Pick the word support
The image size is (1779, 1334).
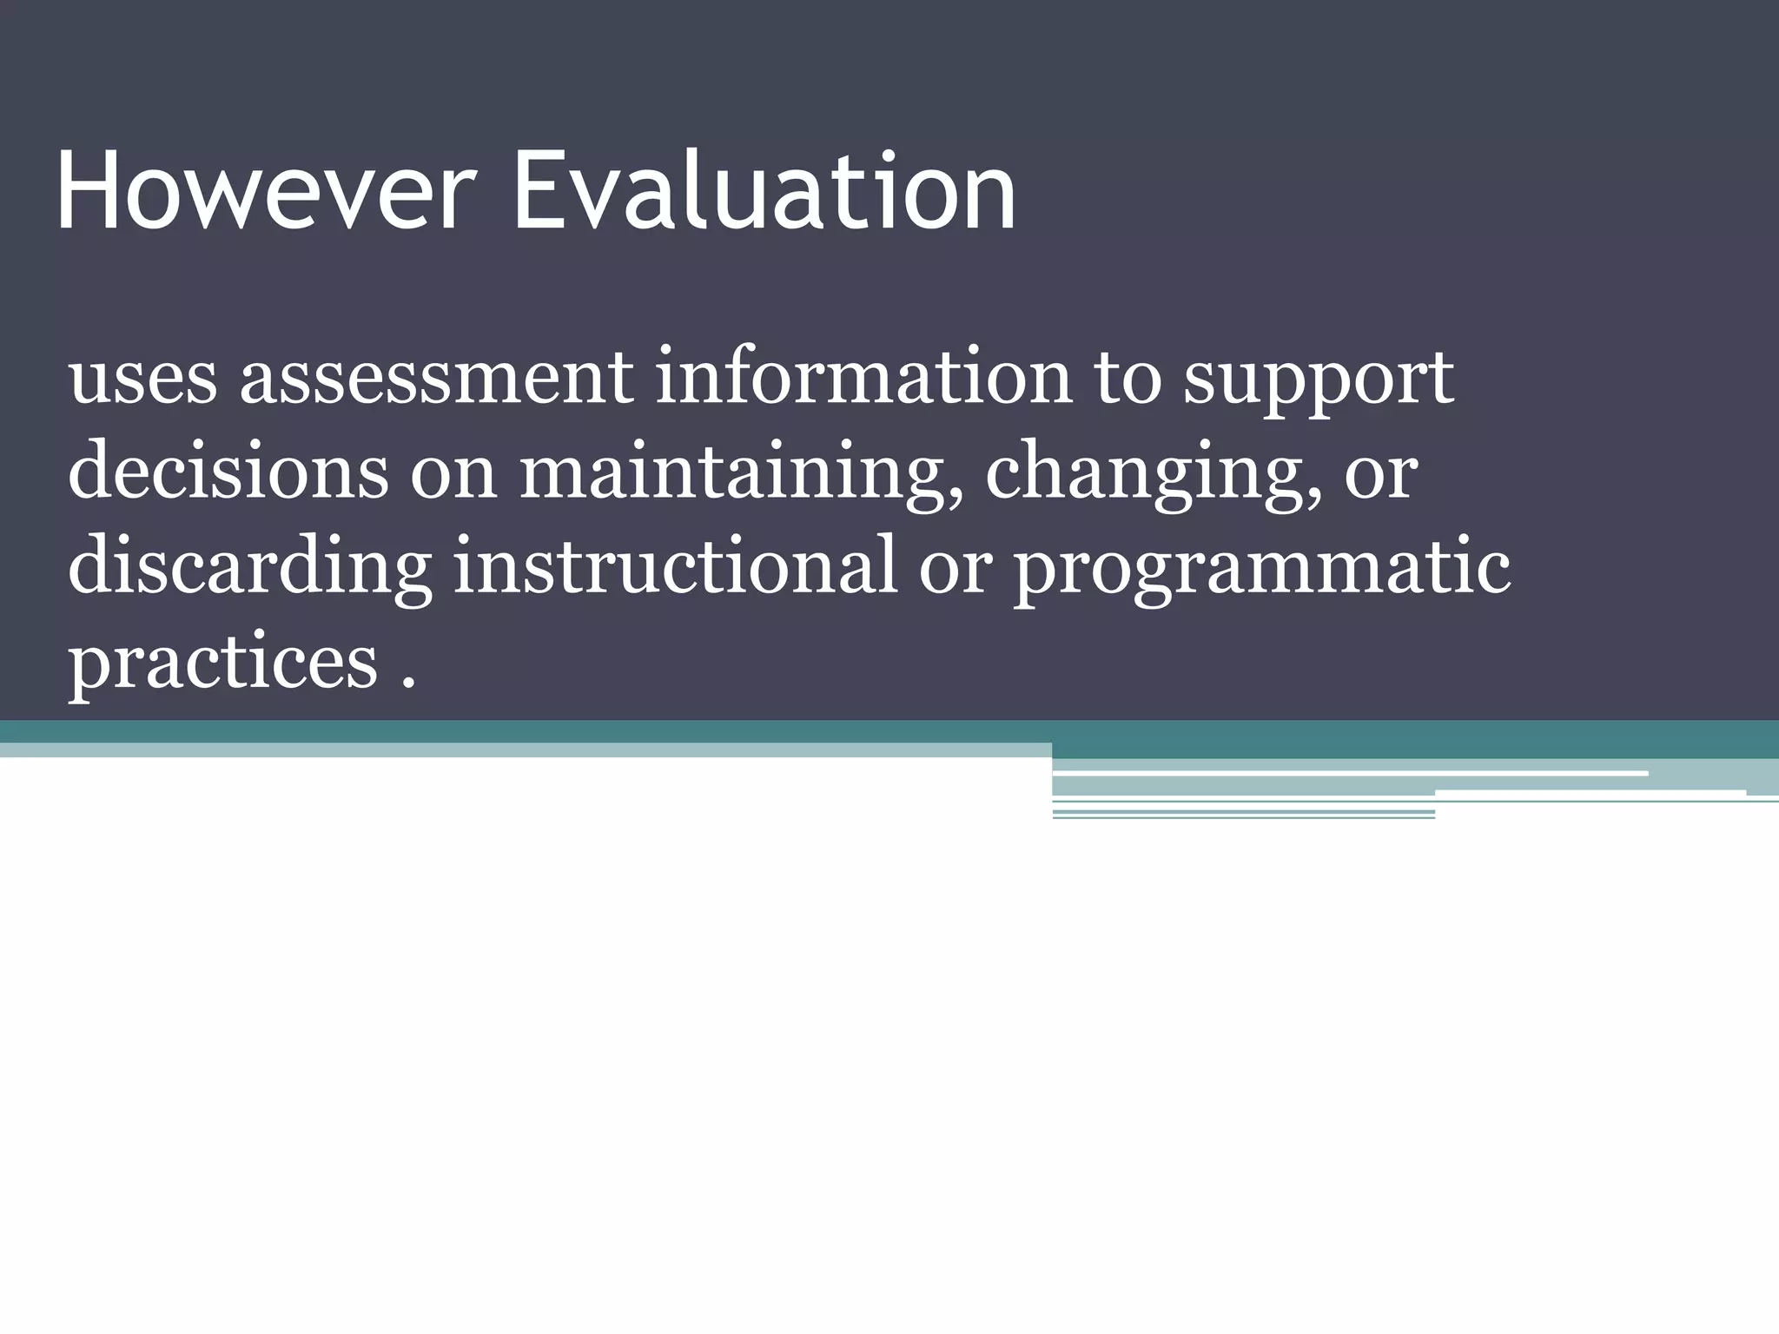[1318, 382]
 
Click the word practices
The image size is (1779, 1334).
[222, 664]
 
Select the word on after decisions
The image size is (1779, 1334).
[453, 477]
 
